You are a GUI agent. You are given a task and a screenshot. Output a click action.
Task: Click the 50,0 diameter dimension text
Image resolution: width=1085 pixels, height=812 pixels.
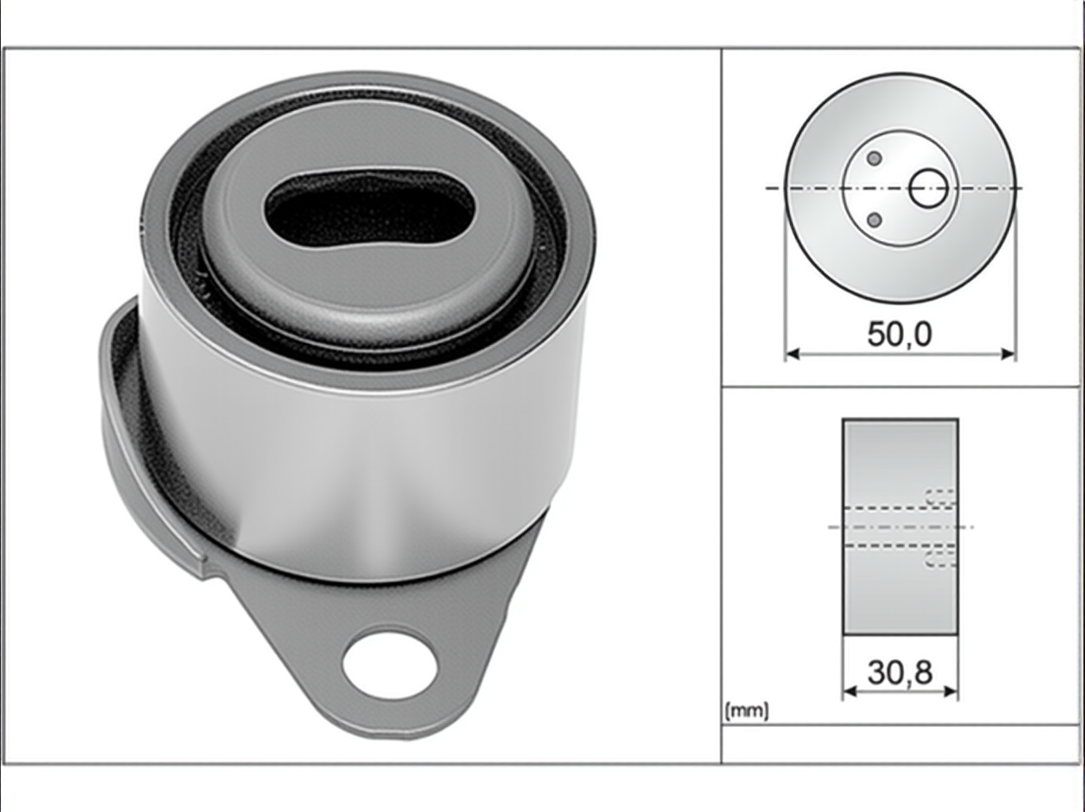click(899, 334)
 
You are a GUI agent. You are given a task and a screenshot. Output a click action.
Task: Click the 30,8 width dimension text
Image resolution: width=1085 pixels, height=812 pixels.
click(899, 672)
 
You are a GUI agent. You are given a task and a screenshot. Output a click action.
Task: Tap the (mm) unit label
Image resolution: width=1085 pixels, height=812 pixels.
click(746, 710)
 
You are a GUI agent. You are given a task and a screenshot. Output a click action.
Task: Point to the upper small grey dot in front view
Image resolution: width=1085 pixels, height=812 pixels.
click(875, 159)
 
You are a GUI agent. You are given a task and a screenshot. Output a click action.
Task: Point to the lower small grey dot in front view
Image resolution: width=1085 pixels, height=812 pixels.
click(875, 220)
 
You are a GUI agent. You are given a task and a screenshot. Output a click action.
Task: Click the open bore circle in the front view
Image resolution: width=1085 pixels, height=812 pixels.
click(928, 189)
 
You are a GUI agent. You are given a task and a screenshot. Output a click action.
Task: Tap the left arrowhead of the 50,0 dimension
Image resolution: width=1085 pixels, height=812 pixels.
click(792, 354)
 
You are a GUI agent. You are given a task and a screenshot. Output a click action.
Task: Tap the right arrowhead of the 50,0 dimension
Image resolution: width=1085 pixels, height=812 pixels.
click(1008, 354)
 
